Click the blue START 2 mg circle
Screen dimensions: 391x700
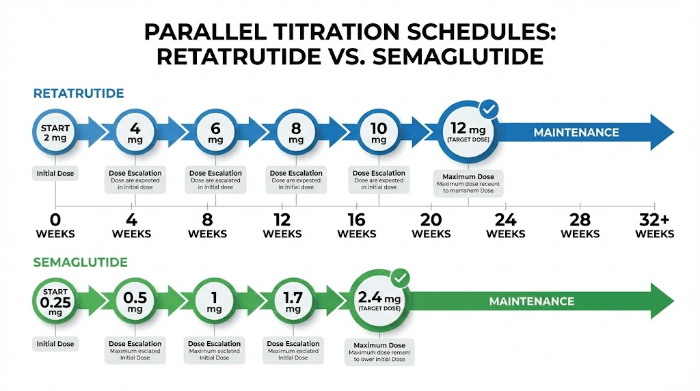tap(55, 133)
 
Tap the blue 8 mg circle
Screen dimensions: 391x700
tap(295, 133)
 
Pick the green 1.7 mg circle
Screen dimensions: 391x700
tap(293, 301)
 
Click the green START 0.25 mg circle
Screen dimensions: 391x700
tap(55, 301)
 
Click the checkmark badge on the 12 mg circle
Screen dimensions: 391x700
tap(489, 109)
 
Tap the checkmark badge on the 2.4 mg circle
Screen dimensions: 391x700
tap(401, 278)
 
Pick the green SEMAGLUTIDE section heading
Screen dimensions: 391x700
tap(71, 262)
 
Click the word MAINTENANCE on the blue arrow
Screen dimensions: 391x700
tap(576, 133)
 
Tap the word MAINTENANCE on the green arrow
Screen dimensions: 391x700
tap(531, 301)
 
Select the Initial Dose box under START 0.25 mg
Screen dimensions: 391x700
tap(55, 344)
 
